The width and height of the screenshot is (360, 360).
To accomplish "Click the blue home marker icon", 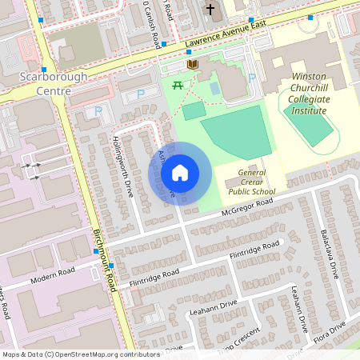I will point(180,173).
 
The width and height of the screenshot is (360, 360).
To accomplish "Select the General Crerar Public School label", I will point(251,182).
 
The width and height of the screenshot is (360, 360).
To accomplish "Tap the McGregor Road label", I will point(249,203).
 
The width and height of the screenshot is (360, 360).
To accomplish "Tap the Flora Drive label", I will point(328,330).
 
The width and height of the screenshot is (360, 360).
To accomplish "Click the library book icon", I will point(191,64).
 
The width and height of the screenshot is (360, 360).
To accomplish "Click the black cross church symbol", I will point(210,10).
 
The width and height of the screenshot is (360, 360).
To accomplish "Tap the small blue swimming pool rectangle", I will point(215,87).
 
